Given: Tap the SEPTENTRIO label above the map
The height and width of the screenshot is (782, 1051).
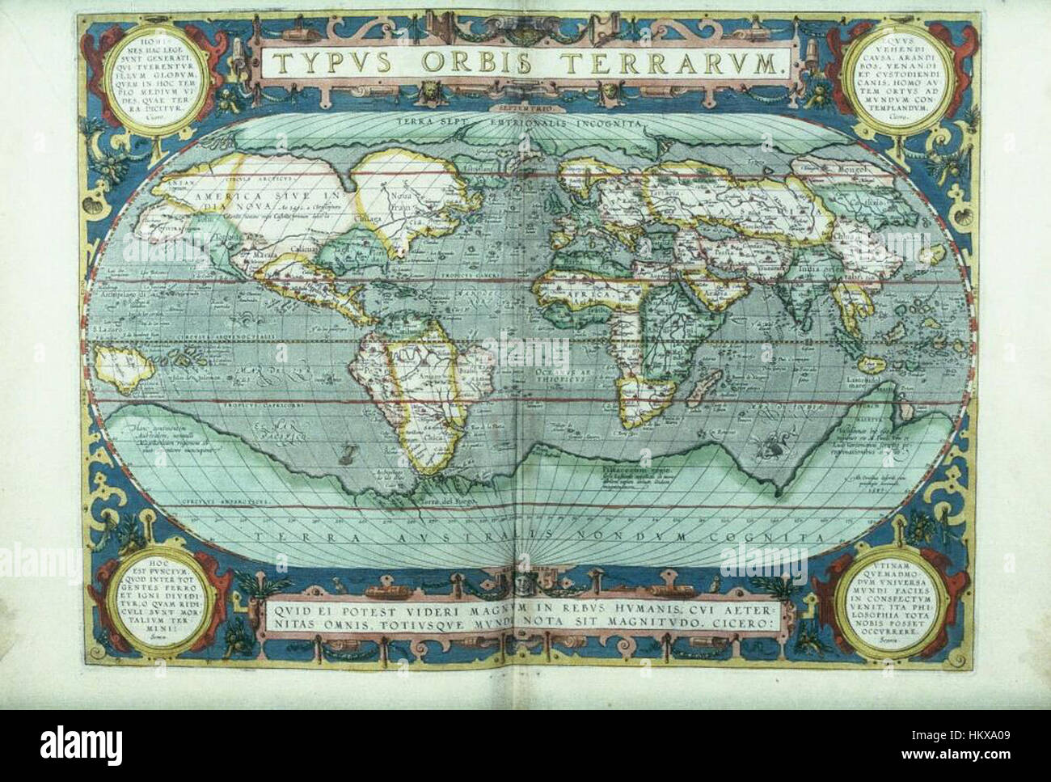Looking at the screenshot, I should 524,104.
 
